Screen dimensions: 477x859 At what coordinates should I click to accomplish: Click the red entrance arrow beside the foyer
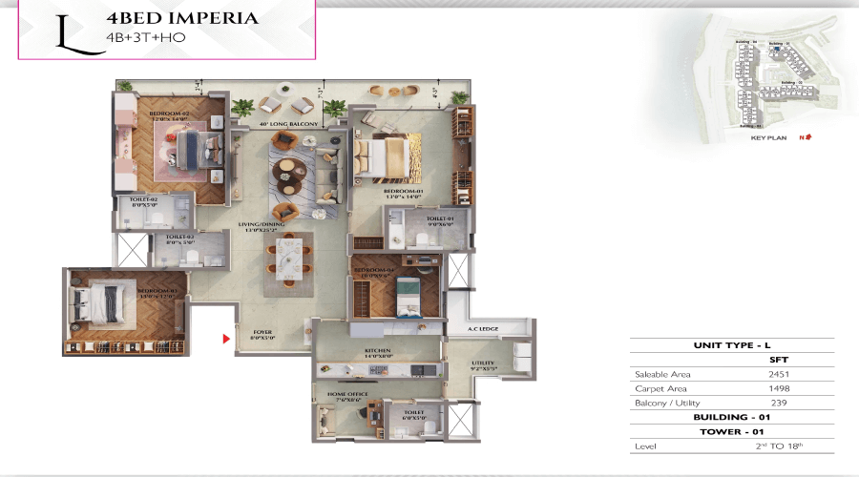click(x=225, y=337)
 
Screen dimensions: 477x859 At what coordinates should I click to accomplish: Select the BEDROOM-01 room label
click(x=398, y=193)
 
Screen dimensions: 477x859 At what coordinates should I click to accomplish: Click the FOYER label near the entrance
click(x=262, y=333)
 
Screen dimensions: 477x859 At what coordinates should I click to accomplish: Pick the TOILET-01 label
click(x=439, y=219)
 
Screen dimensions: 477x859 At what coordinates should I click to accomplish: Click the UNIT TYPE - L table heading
click(x=732, y=346)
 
